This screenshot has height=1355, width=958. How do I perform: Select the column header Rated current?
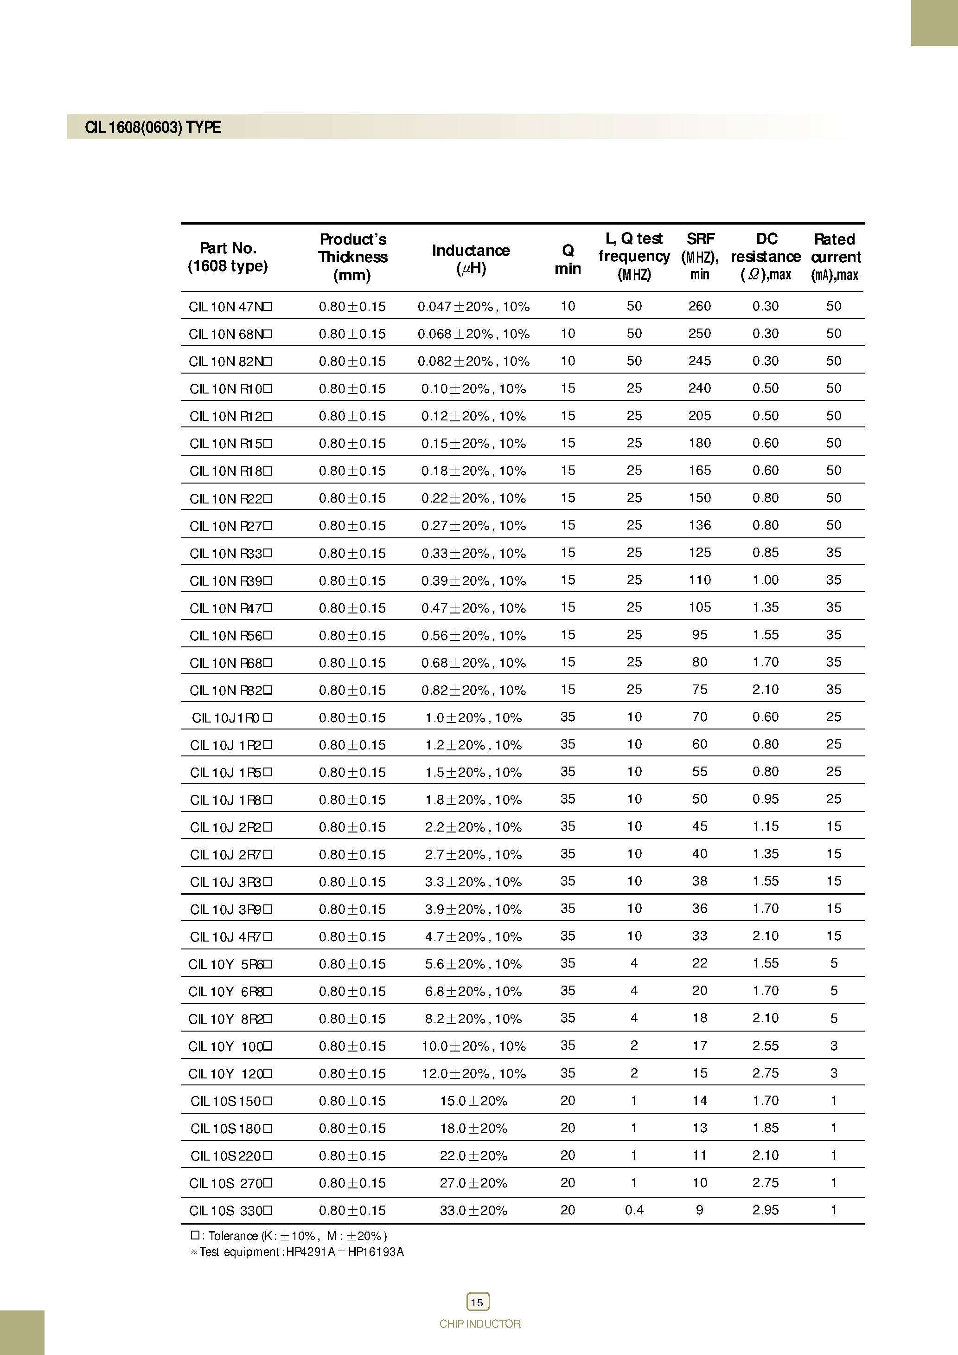835,257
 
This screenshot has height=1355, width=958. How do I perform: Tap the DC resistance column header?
766,257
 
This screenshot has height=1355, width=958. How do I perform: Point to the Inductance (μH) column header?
471,258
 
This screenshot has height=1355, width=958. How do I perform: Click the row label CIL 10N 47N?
230,307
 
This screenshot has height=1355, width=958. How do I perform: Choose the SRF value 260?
700,306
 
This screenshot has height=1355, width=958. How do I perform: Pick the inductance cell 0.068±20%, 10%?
473,334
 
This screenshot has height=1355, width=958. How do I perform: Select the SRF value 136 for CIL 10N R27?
700,525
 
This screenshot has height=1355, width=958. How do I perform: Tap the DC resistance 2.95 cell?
765,1210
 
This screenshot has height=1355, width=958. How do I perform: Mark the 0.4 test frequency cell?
634,1210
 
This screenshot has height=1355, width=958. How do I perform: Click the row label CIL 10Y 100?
230,1046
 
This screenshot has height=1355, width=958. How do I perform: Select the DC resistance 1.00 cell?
765,580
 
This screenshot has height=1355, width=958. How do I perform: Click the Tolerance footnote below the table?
289,1236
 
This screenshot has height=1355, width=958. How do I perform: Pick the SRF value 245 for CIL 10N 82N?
700,361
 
